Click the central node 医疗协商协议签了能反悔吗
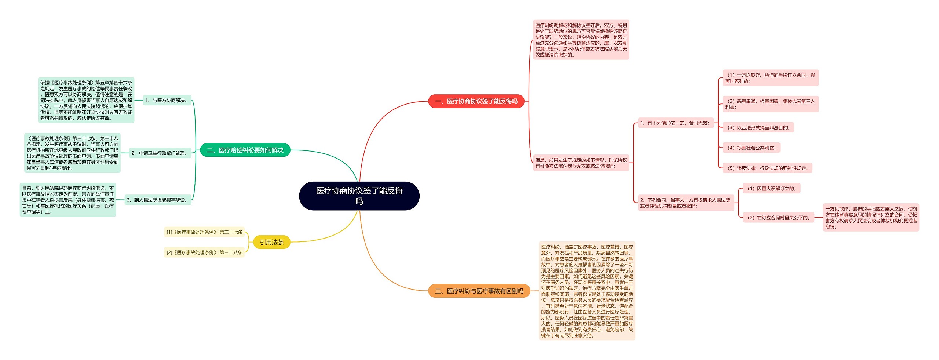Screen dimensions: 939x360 click(x=359, y=196)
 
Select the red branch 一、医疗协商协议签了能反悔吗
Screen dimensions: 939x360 click(x=476, y=101)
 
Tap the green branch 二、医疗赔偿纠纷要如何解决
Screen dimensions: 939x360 click(x=245, y=150)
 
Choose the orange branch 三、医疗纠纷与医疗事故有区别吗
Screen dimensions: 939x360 click(x=479, y=291)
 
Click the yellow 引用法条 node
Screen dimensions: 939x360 click(x=271, y=242)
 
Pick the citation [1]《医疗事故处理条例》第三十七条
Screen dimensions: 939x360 click(x=204, y=232)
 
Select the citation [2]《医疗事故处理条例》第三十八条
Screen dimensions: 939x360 click(x=204, y=252)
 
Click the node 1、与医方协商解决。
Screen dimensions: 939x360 click(x=167, y=100)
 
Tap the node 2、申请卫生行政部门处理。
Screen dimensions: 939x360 click(x=160, y=153)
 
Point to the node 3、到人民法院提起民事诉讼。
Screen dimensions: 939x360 click(x=158, y=200)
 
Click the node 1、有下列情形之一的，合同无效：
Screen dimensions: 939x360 click(x=675, y=123)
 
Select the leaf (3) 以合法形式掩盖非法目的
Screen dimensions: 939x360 click(x=758, y=127)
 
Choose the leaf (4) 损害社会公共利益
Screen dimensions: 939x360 click(x=751, y=148)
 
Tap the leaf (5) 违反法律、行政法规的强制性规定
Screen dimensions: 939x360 click(x=767, y=168)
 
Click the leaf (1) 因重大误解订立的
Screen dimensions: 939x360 click(x=771, y=189)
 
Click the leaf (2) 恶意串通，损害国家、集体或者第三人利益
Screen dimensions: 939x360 click(x=770, y=104)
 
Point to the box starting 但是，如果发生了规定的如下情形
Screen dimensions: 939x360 click(x=581, y=163)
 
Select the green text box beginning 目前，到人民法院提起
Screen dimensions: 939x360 click(x=68, y=200)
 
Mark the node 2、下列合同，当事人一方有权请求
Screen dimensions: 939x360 click(x=686, y=203)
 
